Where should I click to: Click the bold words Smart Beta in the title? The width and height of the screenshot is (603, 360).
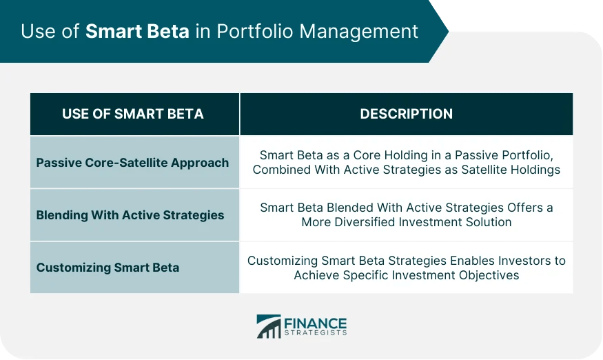(x=137, y=32)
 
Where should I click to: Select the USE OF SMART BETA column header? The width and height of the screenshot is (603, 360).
(x=133, y=114)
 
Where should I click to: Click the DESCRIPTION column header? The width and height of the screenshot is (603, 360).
(x=406, y=114)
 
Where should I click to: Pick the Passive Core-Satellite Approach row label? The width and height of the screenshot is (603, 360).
(x=132, y=163)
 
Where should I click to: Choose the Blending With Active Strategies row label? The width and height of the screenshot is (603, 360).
(x=130, y=215)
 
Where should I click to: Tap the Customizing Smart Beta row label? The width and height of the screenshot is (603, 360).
(x=108, y=268)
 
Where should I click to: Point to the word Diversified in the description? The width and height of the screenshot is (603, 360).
(x=368, y=222)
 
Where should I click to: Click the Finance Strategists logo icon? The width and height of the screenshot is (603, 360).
(x=269, y=327)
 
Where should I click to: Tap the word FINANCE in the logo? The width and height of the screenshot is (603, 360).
(x=315, y=323)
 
